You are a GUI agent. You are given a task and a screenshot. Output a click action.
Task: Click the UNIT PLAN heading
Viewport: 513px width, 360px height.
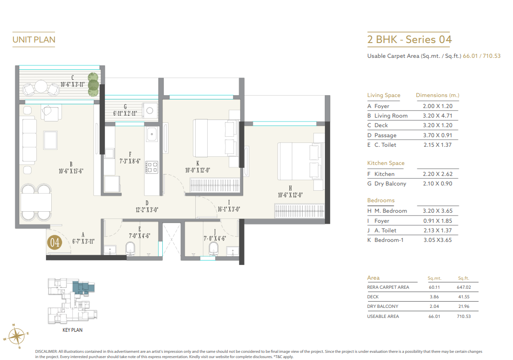(x=33, y=40)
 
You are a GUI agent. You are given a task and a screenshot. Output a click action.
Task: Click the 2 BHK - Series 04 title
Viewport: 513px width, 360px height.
(x=409, y=39)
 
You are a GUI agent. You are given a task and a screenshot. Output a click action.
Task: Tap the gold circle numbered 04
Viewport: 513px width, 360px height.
(x=55, y=242)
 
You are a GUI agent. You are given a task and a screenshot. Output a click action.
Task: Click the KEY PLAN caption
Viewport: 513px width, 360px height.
(x=73, y=330)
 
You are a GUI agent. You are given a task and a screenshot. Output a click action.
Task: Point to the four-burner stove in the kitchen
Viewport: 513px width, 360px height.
(x=152, y=166)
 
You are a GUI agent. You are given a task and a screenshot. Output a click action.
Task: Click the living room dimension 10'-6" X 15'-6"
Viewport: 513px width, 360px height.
(x=71, y=171)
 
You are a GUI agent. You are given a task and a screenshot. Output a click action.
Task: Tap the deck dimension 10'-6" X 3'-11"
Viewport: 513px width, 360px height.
(x=72, y=85)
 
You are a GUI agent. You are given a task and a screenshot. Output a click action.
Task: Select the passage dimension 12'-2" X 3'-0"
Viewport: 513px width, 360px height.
(x=147, y=209)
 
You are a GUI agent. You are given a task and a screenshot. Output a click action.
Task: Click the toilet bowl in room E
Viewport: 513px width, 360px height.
(x=130, y=248)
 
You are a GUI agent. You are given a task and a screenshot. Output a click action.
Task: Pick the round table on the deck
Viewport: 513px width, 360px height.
(x=41, y=87)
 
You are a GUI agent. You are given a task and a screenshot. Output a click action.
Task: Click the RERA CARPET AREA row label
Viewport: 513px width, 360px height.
(x=388, y=287)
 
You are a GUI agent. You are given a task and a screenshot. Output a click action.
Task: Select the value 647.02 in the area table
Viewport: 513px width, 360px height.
(x=464, y=287)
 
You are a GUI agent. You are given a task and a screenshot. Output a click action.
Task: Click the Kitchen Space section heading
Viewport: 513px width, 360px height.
(x=386, y=163)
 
